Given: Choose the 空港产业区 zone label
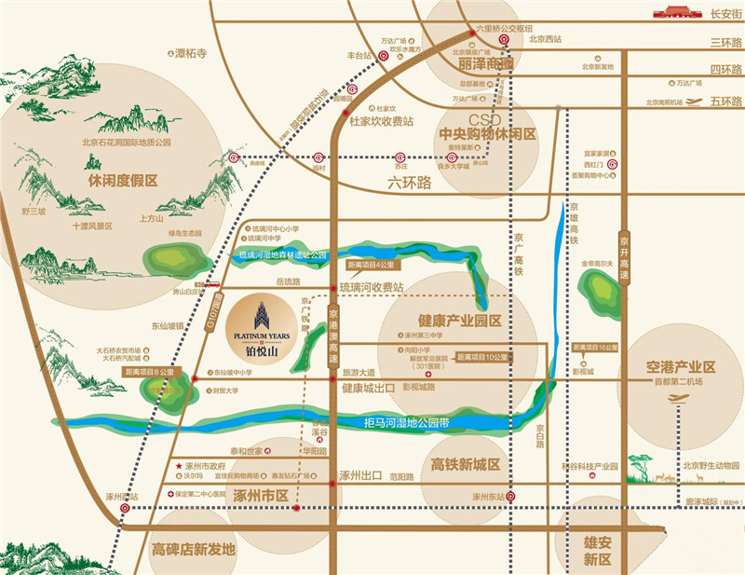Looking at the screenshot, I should [x=684, y=366].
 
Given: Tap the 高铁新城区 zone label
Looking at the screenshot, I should [x=467, y=464].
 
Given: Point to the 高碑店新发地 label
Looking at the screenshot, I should [x=192, y=550].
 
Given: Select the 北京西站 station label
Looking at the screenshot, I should [x=545, y=39].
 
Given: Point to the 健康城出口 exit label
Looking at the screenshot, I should [x=368, y=388].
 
